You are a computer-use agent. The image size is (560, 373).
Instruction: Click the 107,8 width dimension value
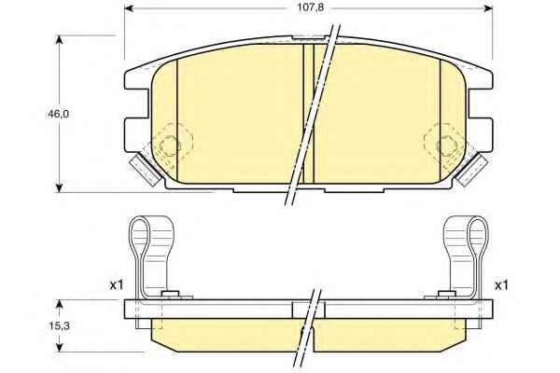click(x=311, y=7)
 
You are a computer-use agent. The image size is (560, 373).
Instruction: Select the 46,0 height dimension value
click(x=59, y=114)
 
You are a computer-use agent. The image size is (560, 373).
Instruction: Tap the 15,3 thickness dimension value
click(x=59, y=325)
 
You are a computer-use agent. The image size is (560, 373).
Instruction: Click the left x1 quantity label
click(x=117, y=284)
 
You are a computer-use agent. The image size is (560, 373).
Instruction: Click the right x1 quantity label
click(x=501, y=285)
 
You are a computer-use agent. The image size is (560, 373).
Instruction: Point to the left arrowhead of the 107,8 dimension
click(x=129, y=8)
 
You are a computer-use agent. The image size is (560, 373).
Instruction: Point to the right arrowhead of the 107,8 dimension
click(x=488, y=8)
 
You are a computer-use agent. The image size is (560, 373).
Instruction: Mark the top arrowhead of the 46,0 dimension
click(x=60, y=39)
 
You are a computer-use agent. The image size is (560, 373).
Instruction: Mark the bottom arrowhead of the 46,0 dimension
click(x=60, y=188)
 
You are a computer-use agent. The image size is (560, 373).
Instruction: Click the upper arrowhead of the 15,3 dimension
click(x=60, y=304)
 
